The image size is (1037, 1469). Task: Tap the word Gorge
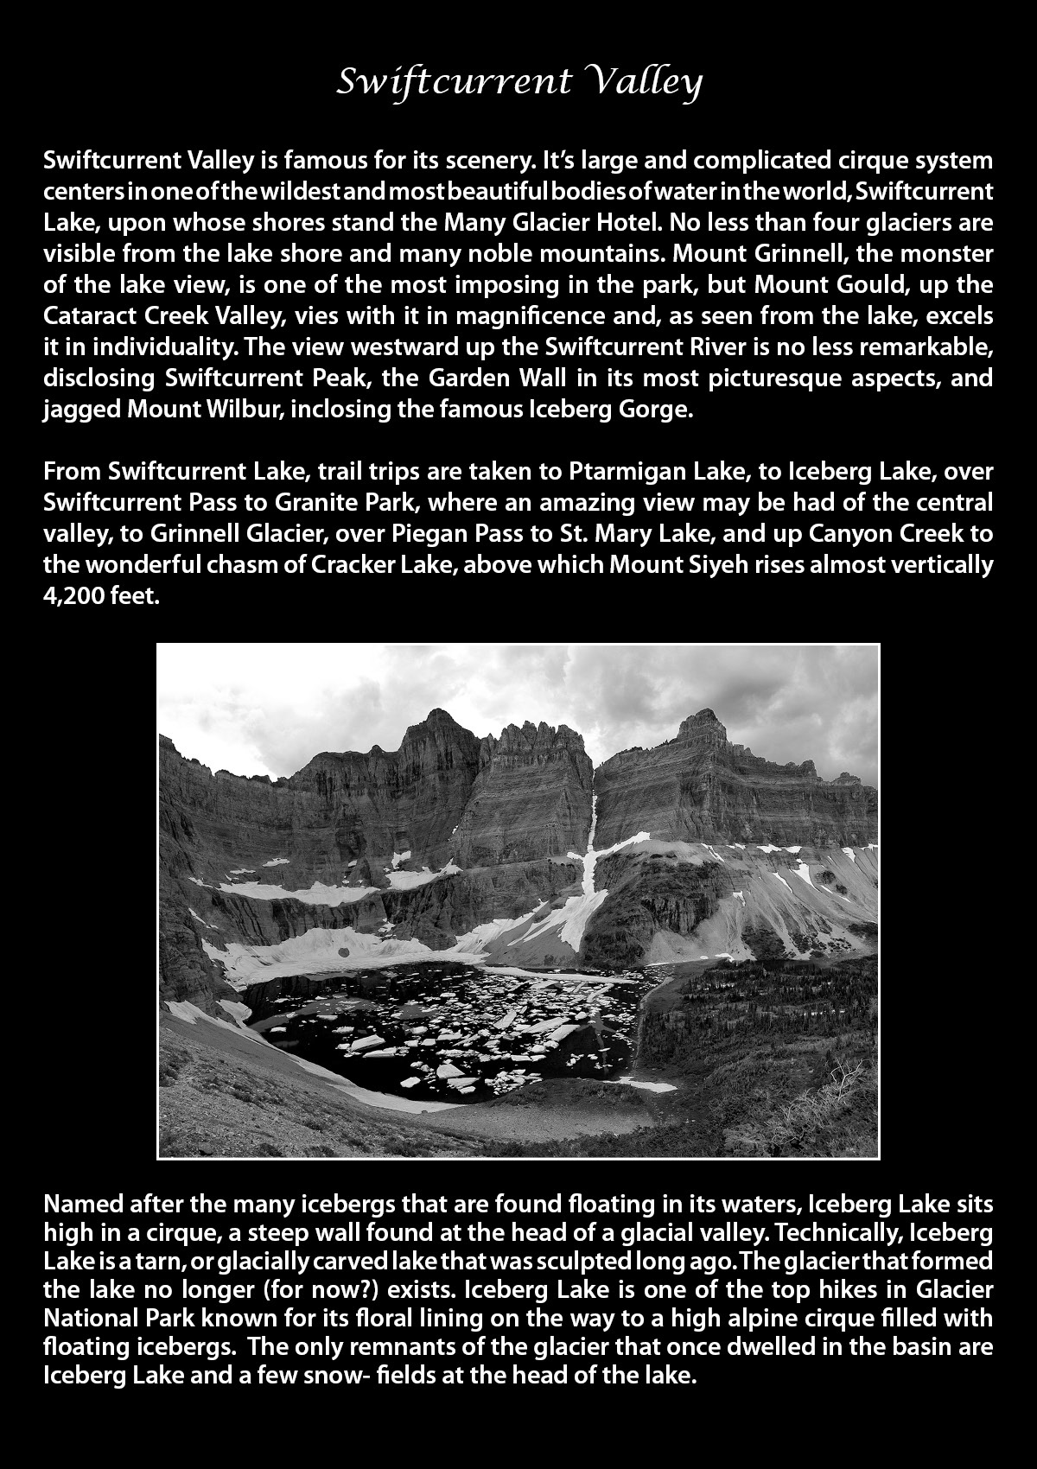pyautogui.click(x=659, y=409)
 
